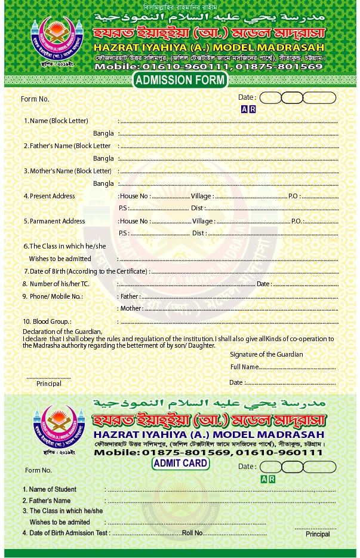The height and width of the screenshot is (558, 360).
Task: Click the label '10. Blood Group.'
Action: pyautogui.click(x=47, y=321)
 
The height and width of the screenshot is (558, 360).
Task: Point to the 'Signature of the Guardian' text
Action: pyautogui.click(x=266, y=354)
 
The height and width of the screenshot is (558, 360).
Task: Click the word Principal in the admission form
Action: pyautogui.click(x=49, y=384)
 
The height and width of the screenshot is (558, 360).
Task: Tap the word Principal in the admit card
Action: pyautogui.click(x=318, y=534)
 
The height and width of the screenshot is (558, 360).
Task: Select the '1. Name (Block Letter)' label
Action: pyautogui.click(x=56, y=121)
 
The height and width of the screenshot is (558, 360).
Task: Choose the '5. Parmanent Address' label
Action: pyautogui.click(x=54, y=221)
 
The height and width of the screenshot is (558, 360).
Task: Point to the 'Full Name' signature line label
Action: pyautogui.click(x=244, y=367)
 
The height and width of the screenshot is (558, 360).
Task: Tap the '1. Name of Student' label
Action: pyautogui.click(x=49, y=489)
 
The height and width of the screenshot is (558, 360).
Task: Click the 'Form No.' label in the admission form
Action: pyautogui.click(x=35, y=99)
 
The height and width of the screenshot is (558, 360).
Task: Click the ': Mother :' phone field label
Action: pyautogui.click(x=131, y=309)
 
